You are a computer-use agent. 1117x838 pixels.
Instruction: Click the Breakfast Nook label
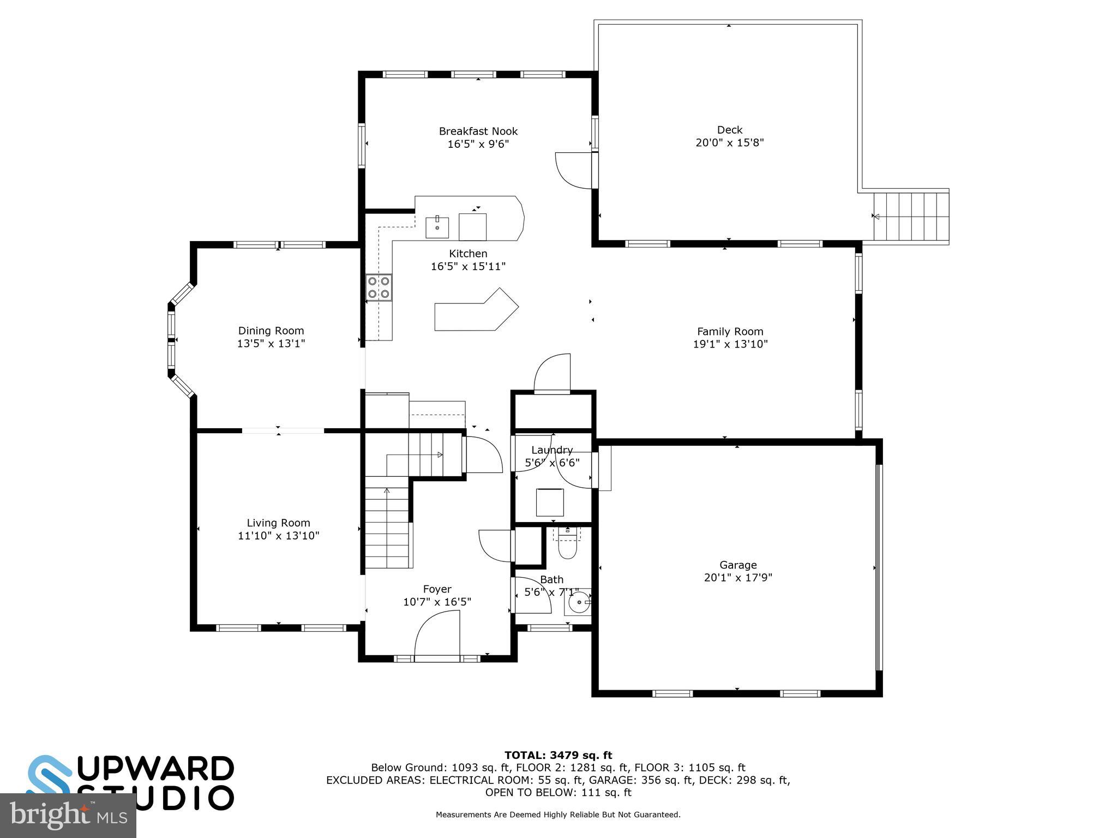[478, 131]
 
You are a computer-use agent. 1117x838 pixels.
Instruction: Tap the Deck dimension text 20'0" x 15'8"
[729, 143]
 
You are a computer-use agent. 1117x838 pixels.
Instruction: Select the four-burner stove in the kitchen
[379, 288]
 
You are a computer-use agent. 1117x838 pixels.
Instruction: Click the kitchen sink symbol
[437, 228]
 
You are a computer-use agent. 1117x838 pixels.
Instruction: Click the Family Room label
[730, 331]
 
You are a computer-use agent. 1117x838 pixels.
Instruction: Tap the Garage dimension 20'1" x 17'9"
[737, 578]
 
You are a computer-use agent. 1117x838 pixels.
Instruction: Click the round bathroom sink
[578, 603]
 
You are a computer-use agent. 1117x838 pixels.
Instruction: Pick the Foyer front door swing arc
[436, 633]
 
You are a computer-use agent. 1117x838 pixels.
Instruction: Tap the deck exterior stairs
[911, 217]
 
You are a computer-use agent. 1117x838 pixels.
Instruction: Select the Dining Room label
[271, 331]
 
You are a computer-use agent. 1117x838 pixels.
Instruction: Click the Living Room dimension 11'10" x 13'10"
[278, 536]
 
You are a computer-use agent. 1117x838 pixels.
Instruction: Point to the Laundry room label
[552, 450]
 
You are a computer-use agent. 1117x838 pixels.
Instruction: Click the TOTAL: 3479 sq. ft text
[558, 755]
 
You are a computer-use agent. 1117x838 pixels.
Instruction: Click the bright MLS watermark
[68, 815]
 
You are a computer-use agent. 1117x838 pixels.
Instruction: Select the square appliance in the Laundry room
[550, 502]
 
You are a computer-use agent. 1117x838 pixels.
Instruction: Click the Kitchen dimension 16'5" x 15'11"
[468, 267]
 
